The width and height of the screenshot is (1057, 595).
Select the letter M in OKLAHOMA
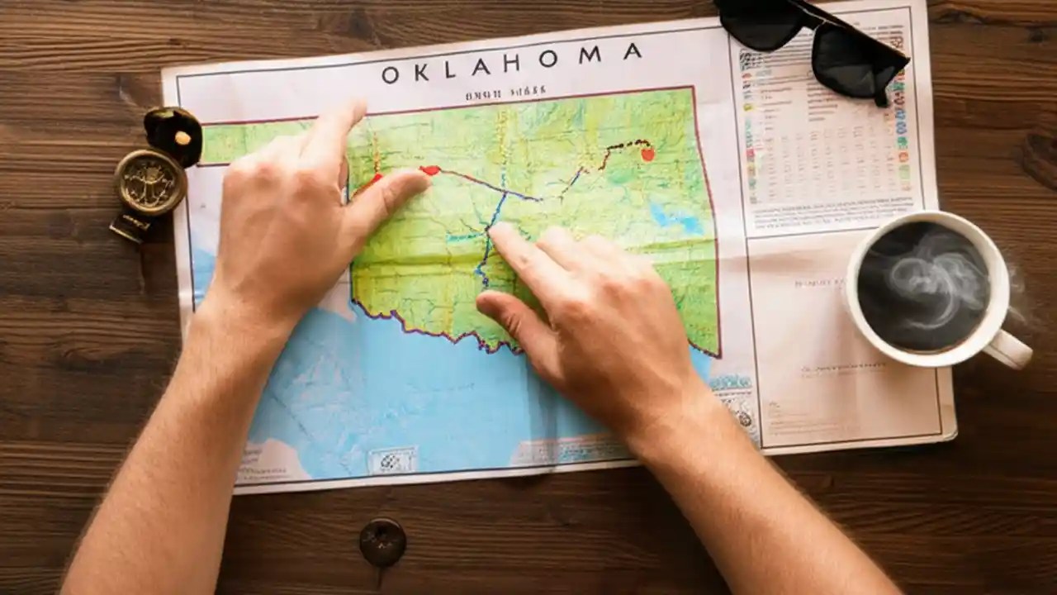tap(590, 56)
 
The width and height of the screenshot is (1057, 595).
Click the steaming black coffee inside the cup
tap(922, 286)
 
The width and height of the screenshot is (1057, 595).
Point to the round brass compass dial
tap(150, 182)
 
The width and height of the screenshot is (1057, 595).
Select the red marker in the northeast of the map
tap(647, 154)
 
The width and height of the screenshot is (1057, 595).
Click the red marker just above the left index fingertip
tap(430, 170)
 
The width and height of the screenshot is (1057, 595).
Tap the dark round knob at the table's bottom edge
tap(382, 541)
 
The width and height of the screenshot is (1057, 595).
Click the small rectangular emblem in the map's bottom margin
tap(392, 459)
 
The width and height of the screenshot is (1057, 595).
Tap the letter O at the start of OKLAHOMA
tap(391, 75)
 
